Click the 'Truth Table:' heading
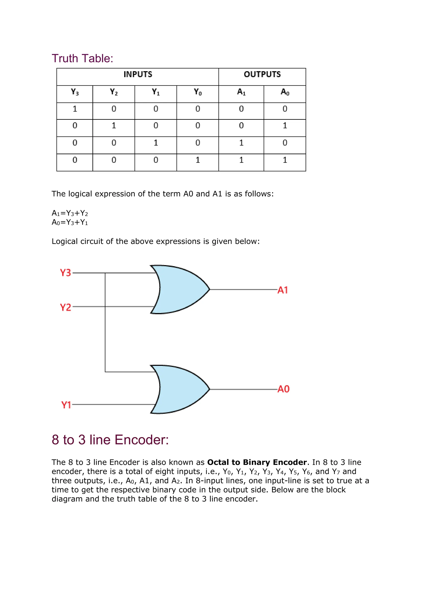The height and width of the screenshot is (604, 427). pos(82,58)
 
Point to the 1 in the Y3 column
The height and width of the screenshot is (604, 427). pos(75,109)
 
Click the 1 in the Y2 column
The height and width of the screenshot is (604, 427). pos(114,126)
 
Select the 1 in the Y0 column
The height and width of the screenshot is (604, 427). pos(198,160)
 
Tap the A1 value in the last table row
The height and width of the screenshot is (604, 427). pos(241,160)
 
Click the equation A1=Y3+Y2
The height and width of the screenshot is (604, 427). pos(70,213)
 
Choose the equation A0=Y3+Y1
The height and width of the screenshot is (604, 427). pos(70,222)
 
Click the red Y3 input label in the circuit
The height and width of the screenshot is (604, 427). pos(65,273)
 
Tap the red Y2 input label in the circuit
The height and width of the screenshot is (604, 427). pos(65,307)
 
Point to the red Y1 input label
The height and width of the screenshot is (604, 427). pos(66,405)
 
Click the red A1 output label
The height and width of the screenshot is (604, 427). pos(283,290)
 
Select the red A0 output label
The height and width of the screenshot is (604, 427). pos(283,389)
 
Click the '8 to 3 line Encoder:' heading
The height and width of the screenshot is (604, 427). pos(110,440)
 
